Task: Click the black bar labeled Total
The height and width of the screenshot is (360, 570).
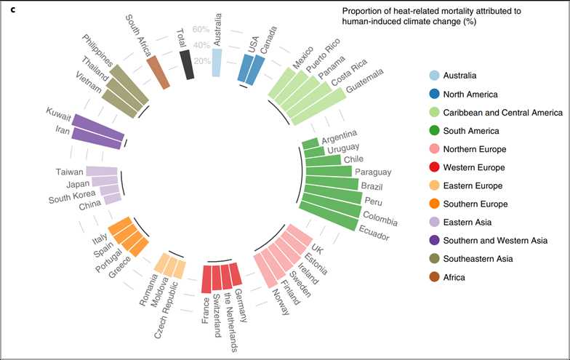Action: [x=187, y=65]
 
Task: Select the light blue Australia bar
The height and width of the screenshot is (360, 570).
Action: [x=217, y=63]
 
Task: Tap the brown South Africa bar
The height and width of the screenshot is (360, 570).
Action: [x=158, y=73]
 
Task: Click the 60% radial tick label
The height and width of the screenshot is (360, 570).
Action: [x=201, y=29]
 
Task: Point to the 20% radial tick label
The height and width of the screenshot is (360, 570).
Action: [x=202, y=61]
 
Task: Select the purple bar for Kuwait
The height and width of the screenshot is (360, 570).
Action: [x=98, y=125]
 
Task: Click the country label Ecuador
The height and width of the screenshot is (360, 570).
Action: [x=374, y=233]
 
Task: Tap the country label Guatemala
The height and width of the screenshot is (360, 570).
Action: [x=364, y=81]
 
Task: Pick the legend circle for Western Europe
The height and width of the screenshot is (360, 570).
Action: [x=435, y=167]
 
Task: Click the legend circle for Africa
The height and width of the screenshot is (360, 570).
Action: [x=435, y=277]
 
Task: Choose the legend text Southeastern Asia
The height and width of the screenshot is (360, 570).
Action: [x=478, y=259]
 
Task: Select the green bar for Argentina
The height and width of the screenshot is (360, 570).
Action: [x=310, y=144]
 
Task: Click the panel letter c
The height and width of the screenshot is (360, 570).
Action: [x=13, y=10]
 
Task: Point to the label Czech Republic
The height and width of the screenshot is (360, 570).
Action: [x=166, y=310]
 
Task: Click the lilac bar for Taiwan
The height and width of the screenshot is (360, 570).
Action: [x=102, y=171]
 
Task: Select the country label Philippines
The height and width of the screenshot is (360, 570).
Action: [x=97, y=50]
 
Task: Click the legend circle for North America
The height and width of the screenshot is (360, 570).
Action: [x=435, y=95]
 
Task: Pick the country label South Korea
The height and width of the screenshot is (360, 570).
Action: [x=72, y=196]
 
